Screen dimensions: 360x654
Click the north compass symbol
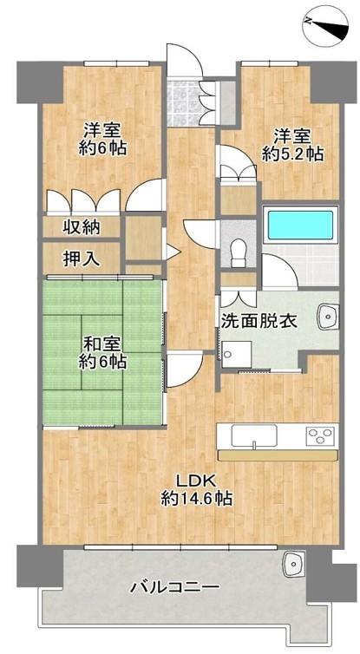[x=325, y=25]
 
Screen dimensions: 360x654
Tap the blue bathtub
[x=300, y=226]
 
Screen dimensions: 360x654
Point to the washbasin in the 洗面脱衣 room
[x=328, y=317]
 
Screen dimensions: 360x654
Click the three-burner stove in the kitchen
[x=322, y=436]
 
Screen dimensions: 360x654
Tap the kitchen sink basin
[x=254, y=436]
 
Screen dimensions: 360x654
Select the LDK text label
[x=195, y=481]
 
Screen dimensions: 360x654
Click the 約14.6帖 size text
[x=197, y=498]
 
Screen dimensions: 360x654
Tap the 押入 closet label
[x=82, y=259]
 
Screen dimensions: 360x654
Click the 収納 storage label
[x=82, y=227]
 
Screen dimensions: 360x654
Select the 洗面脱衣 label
[x=259, y=320]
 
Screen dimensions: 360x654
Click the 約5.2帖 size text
[x=292, y=154]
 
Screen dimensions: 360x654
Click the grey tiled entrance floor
[x=183, y=104]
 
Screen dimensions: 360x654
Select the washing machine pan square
[x=237, y=354]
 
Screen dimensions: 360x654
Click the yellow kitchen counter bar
[x=278, y=455]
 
